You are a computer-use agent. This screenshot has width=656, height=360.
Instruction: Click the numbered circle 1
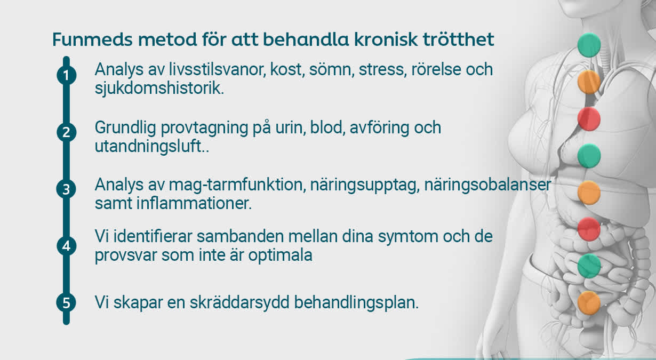point(66,76)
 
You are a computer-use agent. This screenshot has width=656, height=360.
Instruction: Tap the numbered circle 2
point(66,132)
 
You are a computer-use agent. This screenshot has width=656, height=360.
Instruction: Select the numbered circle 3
point(66,190)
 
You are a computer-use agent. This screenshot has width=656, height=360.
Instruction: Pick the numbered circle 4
point(66,246)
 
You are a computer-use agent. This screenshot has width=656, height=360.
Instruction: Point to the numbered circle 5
point(66,303)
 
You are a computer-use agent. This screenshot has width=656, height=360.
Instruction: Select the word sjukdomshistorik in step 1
point(159,88)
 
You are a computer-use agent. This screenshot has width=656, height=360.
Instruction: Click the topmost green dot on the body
point(589,45)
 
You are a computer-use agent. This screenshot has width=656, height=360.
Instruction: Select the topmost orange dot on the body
point(589,82)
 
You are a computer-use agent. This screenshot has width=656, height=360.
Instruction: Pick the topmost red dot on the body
point(589,118)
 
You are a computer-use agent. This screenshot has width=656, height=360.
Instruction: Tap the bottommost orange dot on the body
point(589,302)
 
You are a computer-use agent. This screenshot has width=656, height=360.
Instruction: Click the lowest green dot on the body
point(589,266)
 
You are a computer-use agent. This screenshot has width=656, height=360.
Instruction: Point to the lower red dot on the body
point(589,229)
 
